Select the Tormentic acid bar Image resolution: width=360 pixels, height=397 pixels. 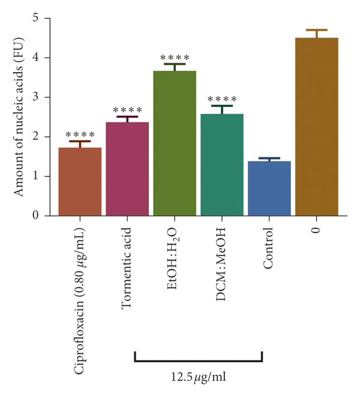tap(127, 169)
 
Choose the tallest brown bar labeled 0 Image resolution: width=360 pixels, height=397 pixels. tap(317, 126)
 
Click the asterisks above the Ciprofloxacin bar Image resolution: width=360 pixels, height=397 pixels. tap(80, 135)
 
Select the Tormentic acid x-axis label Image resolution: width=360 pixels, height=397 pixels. tap(127, 267)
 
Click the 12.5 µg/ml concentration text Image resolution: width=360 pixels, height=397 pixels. tap(198, 378)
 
